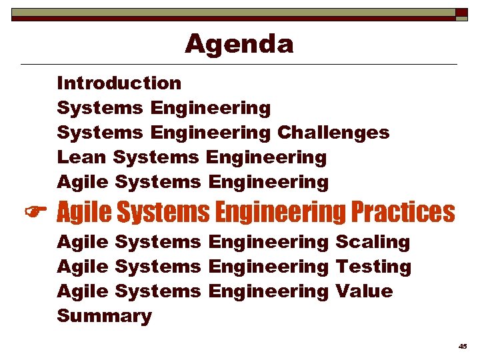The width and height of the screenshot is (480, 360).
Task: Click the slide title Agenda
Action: [239, 44]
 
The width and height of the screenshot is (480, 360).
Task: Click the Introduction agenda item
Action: [119, 83]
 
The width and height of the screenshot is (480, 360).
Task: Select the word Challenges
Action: [333, 133]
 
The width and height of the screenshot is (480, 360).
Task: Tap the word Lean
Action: [82, 158]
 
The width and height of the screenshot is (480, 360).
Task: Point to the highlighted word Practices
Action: [403, 213]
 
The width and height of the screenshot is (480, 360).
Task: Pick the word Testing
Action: [373, 267]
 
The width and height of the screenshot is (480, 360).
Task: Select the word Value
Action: [364, 291]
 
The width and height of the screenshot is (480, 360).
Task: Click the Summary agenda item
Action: [104, 316]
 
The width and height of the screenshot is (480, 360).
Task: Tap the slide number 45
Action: [463, 346]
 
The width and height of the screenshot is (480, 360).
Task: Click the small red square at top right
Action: [461, 13]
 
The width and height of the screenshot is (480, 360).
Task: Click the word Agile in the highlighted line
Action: [84, 213]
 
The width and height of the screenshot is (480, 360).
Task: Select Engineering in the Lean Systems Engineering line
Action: [266, 158]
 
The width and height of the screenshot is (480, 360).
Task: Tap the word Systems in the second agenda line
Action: [100, 108]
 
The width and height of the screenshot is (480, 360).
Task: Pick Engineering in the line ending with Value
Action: [268, 291]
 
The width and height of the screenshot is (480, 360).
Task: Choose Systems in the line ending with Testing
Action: [157, 267]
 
